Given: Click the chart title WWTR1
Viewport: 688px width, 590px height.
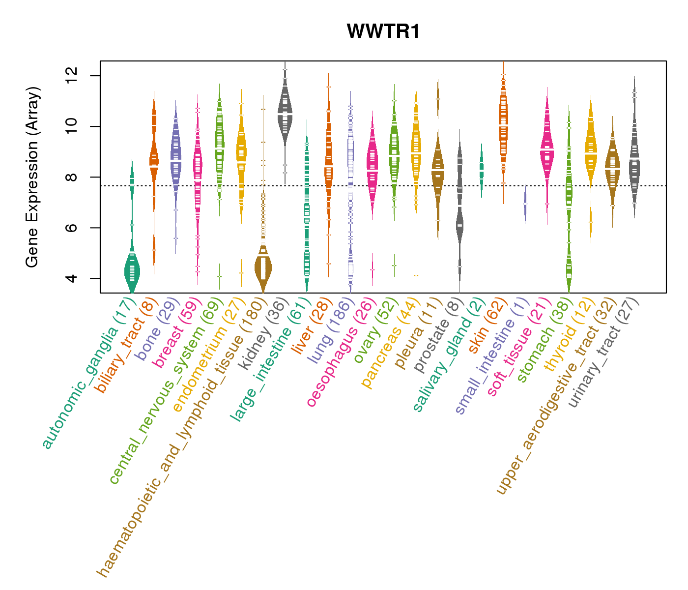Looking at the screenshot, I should tap(383, 32).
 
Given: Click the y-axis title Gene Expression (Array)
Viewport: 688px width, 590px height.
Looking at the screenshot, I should tap(32, 177).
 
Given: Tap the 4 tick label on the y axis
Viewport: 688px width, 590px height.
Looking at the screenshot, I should tap(72, 278).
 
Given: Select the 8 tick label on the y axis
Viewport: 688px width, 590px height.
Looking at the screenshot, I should tap(72, 177).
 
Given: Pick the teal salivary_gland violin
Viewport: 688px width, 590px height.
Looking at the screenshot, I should tap(482, 170).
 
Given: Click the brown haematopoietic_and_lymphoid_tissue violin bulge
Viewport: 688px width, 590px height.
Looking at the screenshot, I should tap(263, 268).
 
